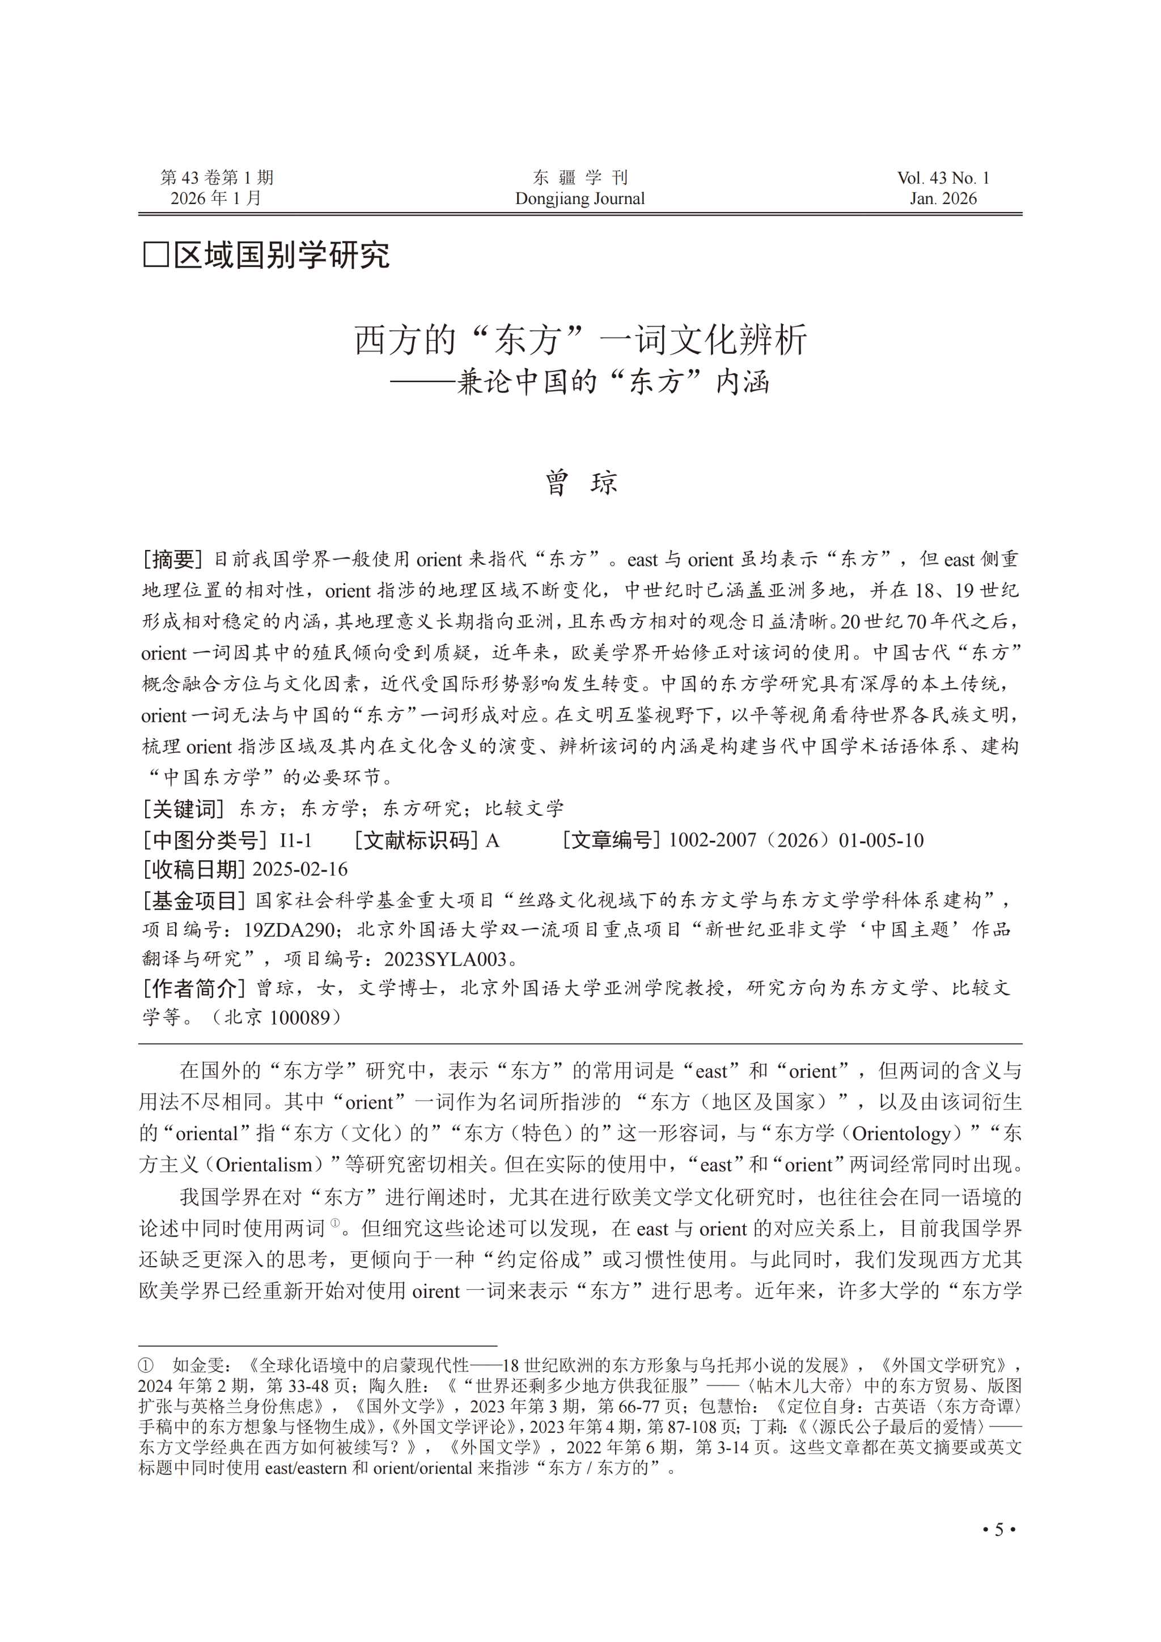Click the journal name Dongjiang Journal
[x=580, y=199]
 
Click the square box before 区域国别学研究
[x=156, y=255]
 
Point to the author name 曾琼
[x=580, y=483]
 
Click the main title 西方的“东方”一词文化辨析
[x=580, y=339]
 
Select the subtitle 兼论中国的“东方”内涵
[x=613, y=382]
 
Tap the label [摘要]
[x=172, y=559]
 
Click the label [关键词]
[x=184, y=809]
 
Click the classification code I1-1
[x=295, y=840]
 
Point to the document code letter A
[x=492, y=840]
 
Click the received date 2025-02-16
[x=300, y=870]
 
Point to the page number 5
[x=999, y=1530]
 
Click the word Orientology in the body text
[x=901, y=1133]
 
